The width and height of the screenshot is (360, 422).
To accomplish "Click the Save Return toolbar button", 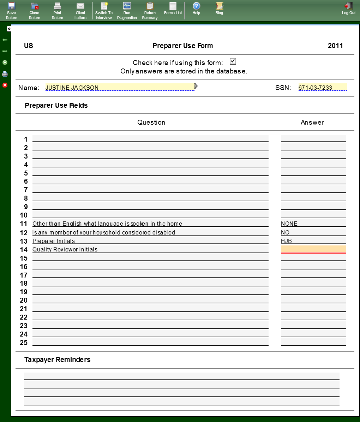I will click(12, 10).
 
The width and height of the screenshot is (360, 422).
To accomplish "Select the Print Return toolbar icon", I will click(58, 10).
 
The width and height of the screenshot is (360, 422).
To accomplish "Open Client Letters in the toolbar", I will click(80, 10).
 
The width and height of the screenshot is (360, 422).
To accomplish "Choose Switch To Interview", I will click(104, 10).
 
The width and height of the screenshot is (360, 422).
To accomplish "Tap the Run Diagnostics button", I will click(127, 10).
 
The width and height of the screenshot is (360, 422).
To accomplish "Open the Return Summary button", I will click(150, 10).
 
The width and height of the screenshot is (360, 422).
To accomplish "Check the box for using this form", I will click(233, 61).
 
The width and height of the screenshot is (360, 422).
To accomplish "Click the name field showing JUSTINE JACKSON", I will click(120, 88).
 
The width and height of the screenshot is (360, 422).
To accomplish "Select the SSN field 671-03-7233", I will click(322, 88).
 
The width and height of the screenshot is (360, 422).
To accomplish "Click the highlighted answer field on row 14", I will click(313, 249).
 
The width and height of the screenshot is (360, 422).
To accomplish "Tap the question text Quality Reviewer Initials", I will click(65, 249).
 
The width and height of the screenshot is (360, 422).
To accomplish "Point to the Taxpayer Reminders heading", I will click(58, 359).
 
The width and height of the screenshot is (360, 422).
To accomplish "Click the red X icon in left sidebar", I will click(5, 85).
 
